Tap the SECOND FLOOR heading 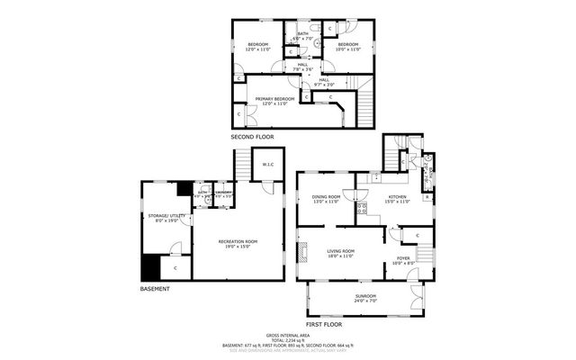[x=252, y=137]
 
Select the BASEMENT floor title [x=155, y=289]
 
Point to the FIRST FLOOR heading [x=324, y=322]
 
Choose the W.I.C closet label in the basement [x=267, y=165]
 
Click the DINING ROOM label [x=326, y=198]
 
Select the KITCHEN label [x=397, y=198]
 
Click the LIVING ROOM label [x=340, y=253]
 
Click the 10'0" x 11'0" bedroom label [x=347, y=45]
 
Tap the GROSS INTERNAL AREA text [x=287, y=334]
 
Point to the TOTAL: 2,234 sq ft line [x=287, y=339]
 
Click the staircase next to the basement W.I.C [x=242, y=164]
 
